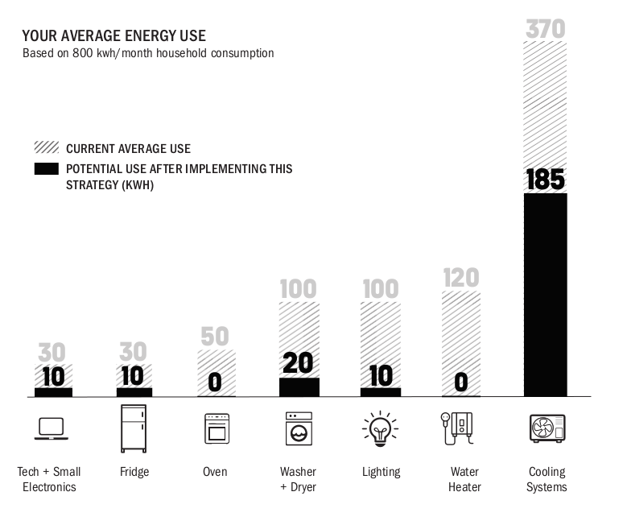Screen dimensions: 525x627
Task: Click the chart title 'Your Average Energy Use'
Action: [113, 35]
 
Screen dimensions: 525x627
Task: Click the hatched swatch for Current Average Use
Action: [47, 148]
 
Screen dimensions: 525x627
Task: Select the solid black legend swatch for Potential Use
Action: [47, 169]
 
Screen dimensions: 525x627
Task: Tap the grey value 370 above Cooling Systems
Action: [546, 29]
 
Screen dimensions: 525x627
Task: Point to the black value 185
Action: [546, 180]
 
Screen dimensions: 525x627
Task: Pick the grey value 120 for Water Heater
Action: [461, 278]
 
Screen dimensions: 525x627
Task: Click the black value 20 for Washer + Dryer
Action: [298, 364]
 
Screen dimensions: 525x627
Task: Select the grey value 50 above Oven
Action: [216, 337]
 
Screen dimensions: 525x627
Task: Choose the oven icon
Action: [216, 429]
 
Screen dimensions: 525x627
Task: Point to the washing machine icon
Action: [298, 429]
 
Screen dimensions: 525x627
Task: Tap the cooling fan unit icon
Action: [547, 428]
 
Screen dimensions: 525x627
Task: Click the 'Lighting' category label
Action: [381, 472]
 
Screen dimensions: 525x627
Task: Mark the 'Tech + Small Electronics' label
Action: [50, 479]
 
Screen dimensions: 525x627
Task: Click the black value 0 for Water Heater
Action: [461, 382]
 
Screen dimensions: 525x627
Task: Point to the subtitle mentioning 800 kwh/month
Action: [148, 53]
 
